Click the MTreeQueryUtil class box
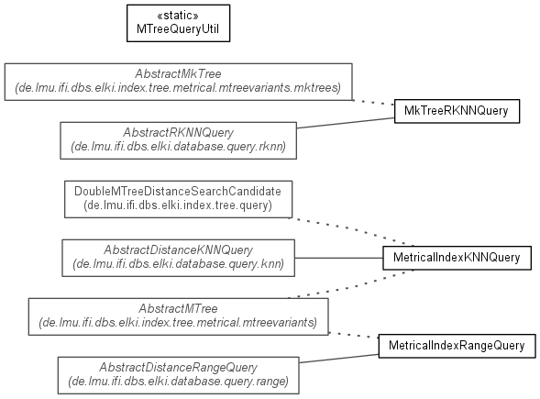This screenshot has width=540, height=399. tap(179, 24)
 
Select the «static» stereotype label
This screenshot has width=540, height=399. tap(178, 16)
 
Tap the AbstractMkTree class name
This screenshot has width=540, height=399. tap(178, 73)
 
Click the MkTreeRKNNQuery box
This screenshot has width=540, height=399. tap(457, 111)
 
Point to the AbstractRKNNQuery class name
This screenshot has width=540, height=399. tap(179, 133)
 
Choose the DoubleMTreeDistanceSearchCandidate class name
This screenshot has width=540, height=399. tap(178, 191)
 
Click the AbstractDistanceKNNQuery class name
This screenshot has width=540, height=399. tap(179, 249)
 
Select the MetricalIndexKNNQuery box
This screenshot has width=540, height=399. tap(457, 258)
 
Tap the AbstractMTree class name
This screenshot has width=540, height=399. tap(179, 308)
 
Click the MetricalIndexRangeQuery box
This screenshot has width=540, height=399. tap(457, 346)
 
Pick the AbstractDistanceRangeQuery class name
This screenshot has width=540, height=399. tap(179, 367)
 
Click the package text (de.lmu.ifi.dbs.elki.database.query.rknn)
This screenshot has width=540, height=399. tap(179, 147)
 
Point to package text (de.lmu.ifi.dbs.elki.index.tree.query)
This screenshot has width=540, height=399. tap(178, 205)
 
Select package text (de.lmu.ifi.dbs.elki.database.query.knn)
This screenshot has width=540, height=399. tap(179, 264)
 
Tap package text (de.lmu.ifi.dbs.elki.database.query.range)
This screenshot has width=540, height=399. tap(179, 382)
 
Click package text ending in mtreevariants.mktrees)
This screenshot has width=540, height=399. tap(178, 88)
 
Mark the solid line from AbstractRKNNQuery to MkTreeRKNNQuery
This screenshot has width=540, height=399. tap(346, 123)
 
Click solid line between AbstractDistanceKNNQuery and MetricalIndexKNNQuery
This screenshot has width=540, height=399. tap(339, 258)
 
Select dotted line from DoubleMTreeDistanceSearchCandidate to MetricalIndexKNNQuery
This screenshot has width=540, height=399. tap(351, 231)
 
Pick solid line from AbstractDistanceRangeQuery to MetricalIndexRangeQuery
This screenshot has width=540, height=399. tap(339, 359)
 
